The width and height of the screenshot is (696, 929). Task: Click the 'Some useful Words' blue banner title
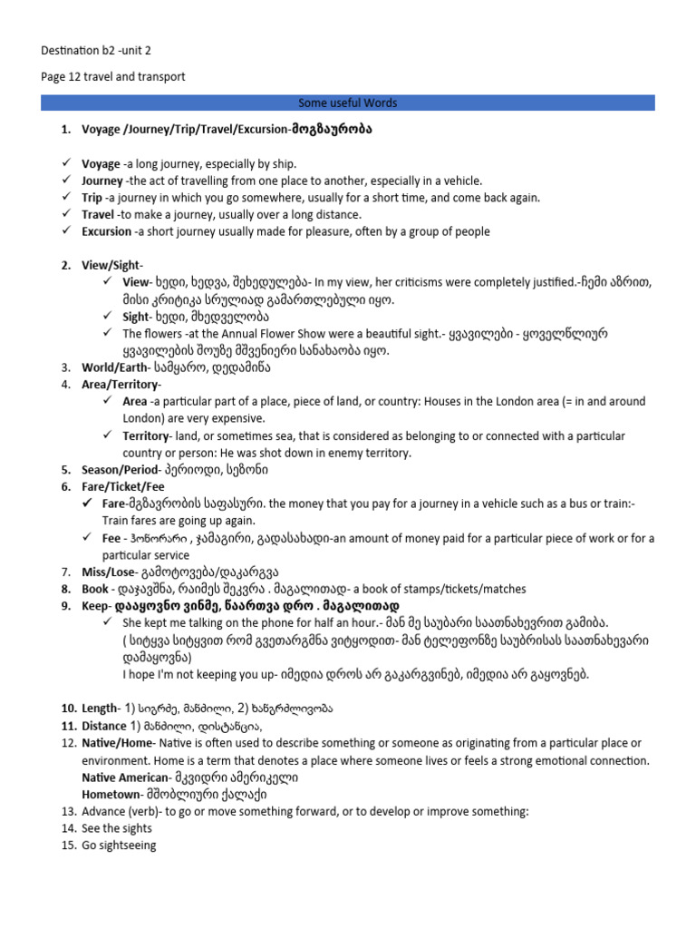pyautogui.click(x=348, y=103)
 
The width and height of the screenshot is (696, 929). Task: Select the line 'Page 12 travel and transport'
pyautogui.click(x=113, y=77)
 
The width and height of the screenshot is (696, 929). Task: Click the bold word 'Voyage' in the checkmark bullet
pyautogui.click(x=101, y=164)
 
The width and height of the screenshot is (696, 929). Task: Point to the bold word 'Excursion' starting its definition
pyautogui.click(x=106, y=231)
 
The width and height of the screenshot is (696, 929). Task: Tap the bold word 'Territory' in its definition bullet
pyautogui.click(x=146, y=436)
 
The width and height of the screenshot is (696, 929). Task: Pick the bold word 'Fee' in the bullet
pyautogui.click(x=111, y=538)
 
